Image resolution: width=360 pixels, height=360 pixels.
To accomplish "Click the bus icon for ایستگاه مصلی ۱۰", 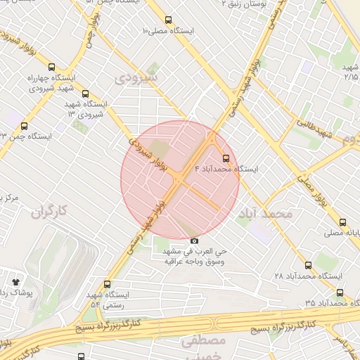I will tap(169, 21).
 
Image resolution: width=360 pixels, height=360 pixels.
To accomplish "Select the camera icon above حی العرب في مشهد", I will tap(195, 241).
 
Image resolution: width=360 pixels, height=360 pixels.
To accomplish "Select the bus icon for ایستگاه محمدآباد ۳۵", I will tap(339, 293).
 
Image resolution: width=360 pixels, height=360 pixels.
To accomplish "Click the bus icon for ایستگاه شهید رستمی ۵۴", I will tap(107, 284).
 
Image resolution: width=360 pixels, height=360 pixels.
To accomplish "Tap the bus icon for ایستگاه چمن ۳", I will tap(24, 126).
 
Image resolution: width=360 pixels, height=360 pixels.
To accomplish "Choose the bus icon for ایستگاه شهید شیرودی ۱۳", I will tap(86, 94).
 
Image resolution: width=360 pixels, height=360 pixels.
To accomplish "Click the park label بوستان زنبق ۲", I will tap(246, 4).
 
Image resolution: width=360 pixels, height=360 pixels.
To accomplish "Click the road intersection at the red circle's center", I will tap(180, 179).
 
